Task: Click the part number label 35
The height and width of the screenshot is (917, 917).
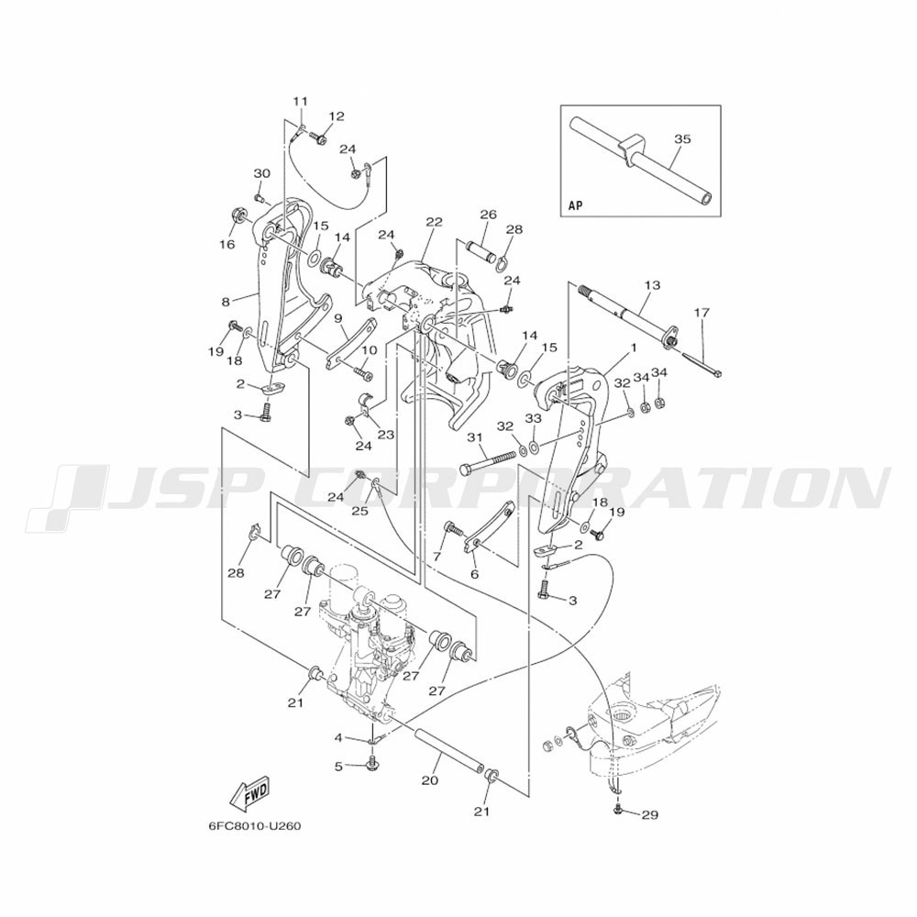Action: tap(682, 139)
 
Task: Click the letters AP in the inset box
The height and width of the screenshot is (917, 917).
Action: tap(576, 205)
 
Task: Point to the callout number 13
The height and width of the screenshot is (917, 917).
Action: tap(652, 285)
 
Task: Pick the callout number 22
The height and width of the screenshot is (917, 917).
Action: tap(434, 222)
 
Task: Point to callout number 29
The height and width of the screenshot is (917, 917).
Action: tap(650, 814)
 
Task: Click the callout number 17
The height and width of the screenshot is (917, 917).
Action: tap(702, 313)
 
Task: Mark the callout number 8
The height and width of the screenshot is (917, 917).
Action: tap(226, 303)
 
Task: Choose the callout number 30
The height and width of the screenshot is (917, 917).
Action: tap(261, 173)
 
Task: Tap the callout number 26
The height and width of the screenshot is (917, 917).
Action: tap(488, 215)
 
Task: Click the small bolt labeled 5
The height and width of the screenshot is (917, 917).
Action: tap(370, 763)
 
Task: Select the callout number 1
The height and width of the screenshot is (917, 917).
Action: tap(633, 348)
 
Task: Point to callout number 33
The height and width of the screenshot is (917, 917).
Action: tap(533, 419)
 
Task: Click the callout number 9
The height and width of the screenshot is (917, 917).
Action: tap(337, 319)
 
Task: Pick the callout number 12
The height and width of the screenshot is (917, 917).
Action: tap(337, 116)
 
